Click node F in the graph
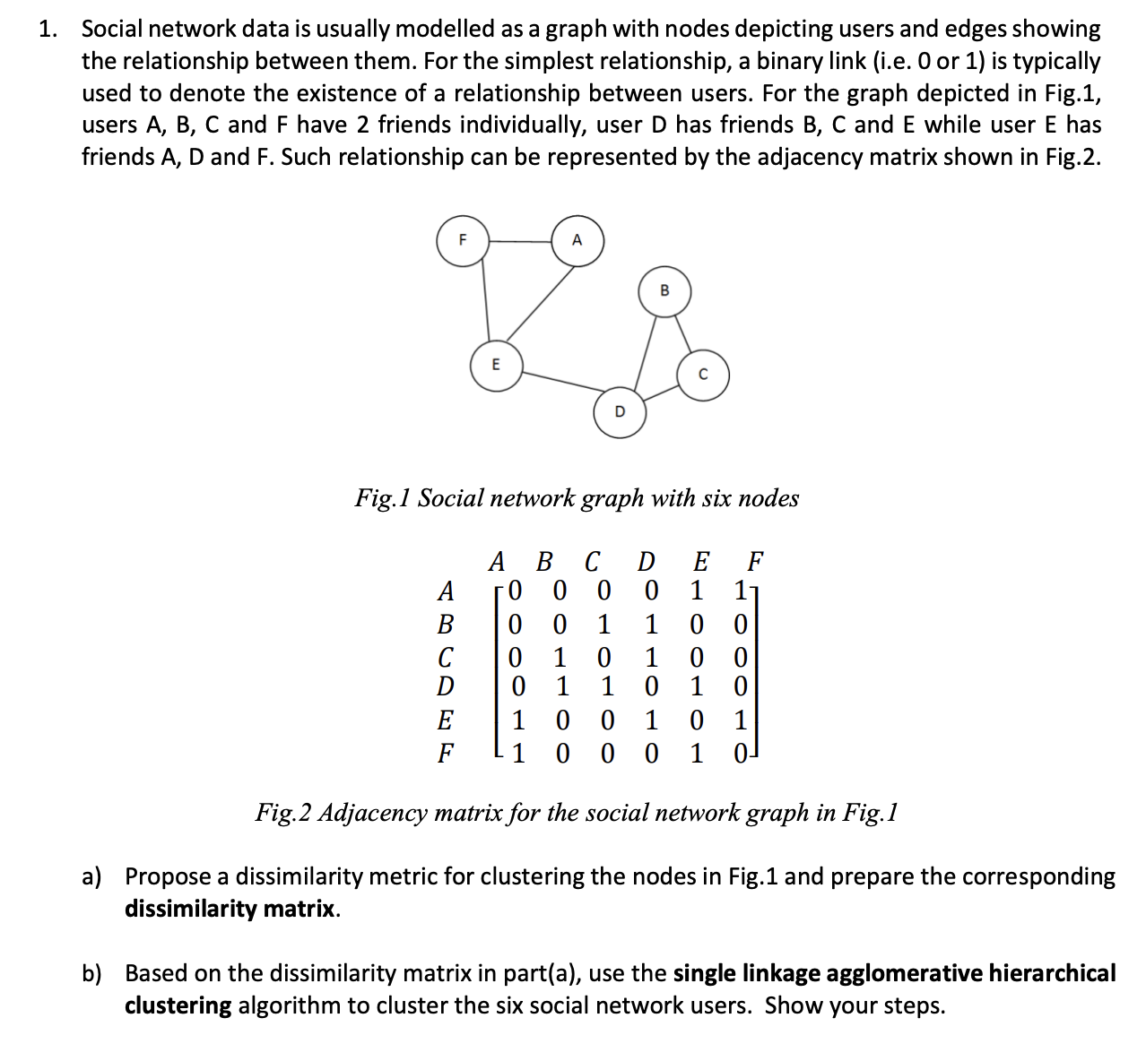tap(462, 240)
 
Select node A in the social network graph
tap(577, 240)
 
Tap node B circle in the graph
tap(664, 290)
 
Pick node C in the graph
tap(702, 375)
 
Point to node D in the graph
tap(619, 412)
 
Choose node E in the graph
tap(495, 365)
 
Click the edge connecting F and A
tap(519, 241)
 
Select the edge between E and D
tap(558, 388)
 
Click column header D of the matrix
tap(646, 562)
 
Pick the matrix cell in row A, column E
tap(696, 591)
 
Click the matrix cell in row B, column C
tap(603, 624)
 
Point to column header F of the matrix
tap(755, 562)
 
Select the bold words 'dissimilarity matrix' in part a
tap(230, 909)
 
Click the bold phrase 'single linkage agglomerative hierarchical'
tap(894, 973)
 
